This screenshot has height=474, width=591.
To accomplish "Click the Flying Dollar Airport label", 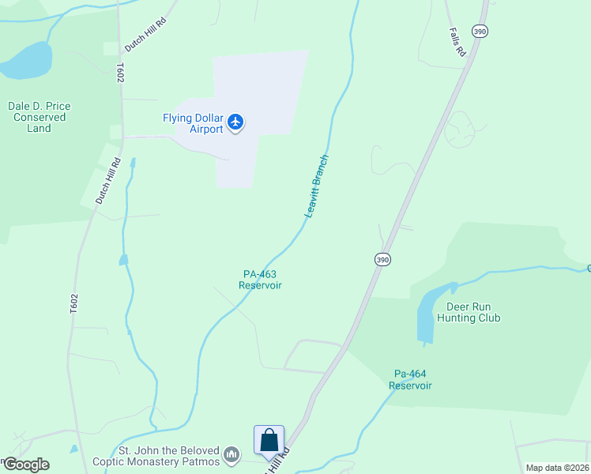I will tap(193, 123).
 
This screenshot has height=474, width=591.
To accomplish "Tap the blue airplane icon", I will tap(235, 122).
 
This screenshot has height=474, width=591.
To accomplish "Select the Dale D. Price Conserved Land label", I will tap(39, 117).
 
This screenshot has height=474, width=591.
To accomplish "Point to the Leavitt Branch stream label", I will tap(316, 186).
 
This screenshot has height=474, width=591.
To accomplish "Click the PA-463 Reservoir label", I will tap(261, 280).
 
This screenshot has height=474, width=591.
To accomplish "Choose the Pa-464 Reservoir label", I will tap(410, 379).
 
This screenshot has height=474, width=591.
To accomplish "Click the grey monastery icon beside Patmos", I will tap(232, 454).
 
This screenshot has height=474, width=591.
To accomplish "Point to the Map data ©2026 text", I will tap(557, 468).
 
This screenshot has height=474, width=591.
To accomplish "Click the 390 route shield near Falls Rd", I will tap(480, 31).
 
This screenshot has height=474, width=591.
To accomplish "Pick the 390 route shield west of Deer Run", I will tap(382, 259).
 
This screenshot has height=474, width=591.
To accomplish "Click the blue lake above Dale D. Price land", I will tap(27, 62).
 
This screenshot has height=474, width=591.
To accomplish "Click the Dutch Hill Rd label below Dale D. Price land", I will tap(107, 182).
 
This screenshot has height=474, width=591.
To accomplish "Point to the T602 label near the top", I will tap(121, 73).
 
